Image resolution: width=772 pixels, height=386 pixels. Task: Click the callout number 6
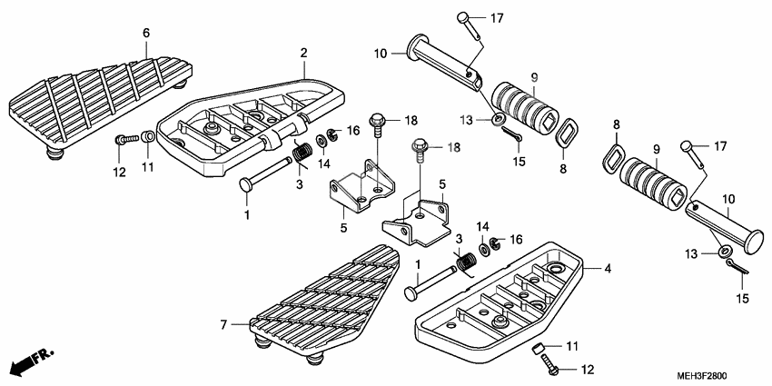pyautogui.click(x=146, y=34)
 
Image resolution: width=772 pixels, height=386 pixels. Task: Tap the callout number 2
pyautogui.click(x=304, y=54)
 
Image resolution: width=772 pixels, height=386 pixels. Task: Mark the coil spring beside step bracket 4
pyautogui.click(x=467, y=262)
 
